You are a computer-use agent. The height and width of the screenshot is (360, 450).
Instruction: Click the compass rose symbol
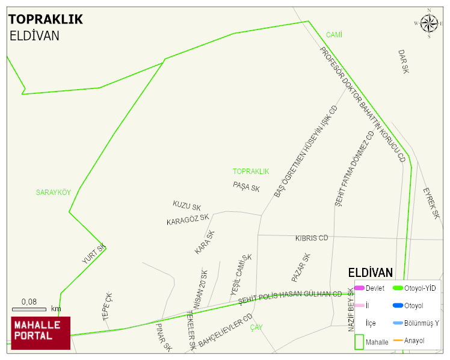(x=429, y=23)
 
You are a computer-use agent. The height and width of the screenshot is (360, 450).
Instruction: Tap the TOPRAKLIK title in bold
(x=46, y=19)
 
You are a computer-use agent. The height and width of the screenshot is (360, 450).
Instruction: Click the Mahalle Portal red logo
(x=41, y=333)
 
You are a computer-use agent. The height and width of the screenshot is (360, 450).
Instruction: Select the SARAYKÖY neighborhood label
(x=53, y=193)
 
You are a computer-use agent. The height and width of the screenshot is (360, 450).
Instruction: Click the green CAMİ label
(x=334, y=35)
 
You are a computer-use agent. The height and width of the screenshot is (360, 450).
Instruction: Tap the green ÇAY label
(x=257, y=327)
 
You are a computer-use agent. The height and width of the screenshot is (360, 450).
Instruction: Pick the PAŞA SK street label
(x=247, y=187)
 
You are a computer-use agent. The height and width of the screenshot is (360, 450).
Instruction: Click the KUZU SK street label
(x=186, y=206)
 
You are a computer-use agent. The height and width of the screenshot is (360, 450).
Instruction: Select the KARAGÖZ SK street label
(x=188, y=219)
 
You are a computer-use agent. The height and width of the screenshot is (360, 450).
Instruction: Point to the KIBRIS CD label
(x=312, y=238)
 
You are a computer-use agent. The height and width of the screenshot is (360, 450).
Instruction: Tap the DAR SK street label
(x=403, y=61)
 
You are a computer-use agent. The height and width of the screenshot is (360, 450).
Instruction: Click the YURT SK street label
(x=94, y=254)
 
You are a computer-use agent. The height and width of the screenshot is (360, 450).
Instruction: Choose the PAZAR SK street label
(x=301, y=268)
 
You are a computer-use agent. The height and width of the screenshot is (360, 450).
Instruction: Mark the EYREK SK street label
(x=431, y=203)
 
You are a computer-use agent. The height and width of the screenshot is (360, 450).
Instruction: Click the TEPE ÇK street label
(x=108, y=306)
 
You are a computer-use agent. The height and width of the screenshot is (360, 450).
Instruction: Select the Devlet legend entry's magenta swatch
(x=359, y=288)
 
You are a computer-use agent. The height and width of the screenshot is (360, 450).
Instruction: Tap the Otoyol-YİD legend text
(x=420, y=288)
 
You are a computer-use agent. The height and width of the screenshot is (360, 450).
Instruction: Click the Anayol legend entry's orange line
(x=398, y=341)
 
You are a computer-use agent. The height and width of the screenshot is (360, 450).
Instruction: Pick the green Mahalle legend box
(x=359, y=341)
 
